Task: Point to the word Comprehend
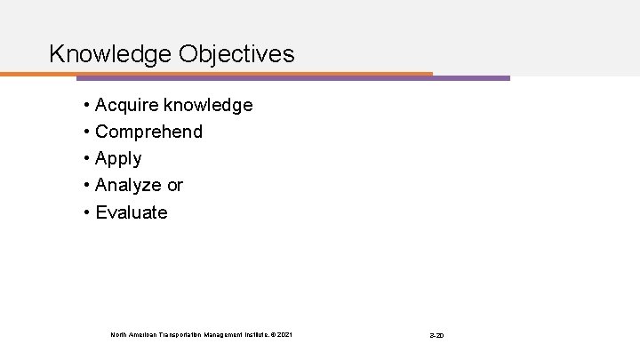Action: pos(148,132)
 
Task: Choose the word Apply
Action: pos(118,159)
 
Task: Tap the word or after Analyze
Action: pos(173,186)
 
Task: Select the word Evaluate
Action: pos(131,212)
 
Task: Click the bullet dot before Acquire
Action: pos(87,107)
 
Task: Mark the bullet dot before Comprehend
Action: pos(87,133)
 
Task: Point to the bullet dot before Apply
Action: pos(87,160)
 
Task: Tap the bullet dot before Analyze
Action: pos(87,187)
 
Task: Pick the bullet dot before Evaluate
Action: pos(87,213)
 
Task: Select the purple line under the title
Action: pos(471,78)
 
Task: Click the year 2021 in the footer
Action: pos(284,334)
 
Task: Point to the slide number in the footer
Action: pos(436,335)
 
